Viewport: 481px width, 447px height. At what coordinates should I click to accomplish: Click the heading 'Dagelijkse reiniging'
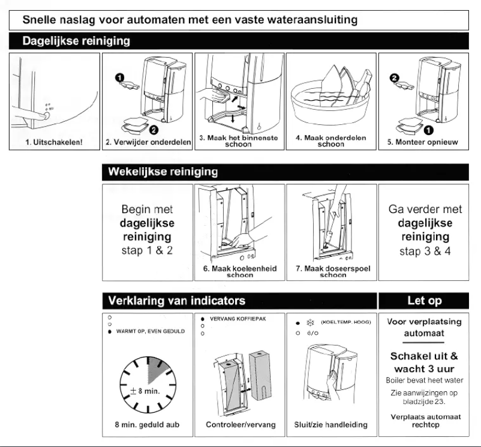76,41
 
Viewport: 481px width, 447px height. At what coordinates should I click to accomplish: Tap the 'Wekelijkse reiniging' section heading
163,172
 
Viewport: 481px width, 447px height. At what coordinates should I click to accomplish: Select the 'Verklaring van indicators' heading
176,300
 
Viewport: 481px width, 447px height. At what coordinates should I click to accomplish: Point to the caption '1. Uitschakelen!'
55,142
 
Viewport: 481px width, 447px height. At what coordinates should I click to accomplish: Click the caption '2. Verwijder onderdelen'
148,142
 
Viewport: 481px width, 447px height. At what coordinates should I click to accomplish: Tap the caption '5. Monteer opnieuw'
422,142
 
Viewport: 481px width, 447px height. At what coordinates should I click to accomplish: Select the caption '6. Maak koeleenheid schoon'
240,272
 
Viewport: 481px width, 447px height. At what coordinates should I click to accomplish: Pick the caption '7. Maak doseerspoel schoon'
332,272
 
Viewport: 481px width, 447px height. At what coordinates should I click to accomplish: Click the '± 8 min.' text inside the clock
145,391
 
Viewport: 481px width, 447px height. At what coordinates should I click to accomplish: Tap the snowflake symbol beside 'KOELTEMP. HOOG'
311,322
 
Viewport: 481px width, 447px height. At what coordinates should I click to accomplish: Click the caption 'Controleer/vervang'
240,425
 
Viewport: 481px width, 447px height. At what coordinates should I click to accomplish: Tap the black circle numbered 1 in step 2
119,77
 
